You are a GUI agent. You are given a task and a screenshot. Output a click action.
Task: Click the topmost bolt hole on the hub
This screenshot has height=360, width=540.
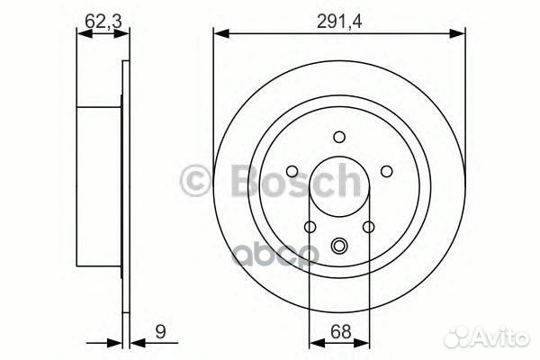(339, 137)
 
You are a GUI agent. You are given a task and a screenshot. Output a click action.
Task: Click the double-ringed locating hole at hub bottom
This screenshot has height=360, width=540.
(339, 245)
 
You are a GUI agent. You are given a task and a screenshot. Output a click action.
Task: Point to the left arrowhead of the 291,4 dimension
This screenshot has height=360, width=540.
(220, 34)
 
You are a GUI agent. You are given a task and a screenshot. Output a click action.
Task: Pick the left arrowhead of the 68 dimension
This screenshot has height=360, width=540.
(314, 341)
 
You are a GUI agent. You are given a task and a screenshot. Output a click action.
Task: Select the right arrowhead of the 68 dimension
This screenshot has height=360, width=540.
(364, 341)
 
